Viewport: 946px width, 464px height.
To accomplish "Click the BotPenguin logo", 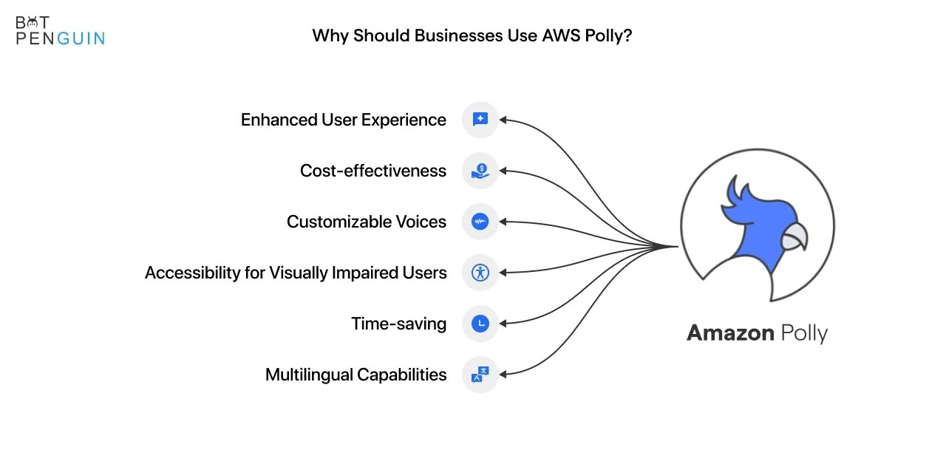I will click(x=60, y=30).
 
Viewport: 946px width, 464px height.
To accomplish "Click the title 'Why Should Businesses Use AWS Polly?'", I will click(x=472, y=35).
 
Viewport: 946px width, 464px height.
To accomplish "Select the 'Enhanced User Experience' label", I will click(x=343, y=120).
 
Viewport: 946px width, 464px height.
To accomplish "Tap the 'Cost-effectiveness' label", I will click(x=372, y=171).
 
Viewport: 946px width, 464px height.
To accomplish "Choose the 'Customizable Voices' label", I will click(x=366, y=222).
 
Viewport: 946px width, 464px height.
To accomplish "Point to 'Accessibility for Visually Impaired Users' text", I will click(x=296, y=273).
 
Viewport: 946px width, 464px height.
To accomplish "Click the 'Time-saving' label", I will click(x=398, y=324).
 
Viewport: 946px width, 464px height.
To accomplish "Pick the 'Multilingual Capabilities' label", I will click(x=355, y=375).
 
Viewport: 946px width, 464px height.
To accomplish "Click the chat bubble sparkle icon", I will click(x=480, y=120).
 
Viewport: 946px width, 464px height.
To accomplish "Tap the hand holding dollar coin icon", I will click(x=480, y=171).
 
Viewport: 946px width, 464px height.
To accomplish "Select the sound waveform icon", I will click(x=480, y=222).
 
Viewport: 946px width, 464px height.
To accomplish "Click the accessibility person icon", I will click(x=480, y=273).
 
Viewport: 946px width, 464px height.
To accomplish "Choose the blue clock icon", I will click(x=480, y=324).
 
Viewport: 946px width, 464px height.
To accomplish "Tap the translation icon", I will click(x=480, y=375).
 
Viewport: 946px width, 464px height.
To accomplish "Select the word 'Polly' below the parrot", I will click(x=794, y=334).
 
